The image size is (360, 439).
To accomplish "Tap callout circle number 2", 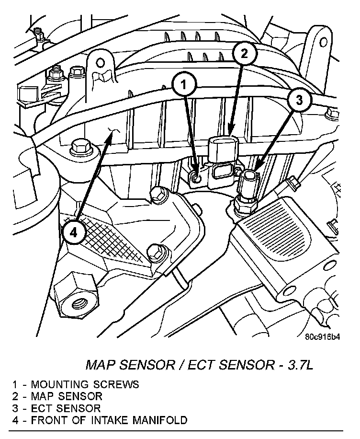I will click(x=244, y=54).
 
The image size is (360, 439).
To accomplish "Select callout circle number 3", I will click(x=299, y=101).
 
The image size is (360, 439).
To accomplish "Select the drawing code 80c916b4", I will click(x=323, y=336).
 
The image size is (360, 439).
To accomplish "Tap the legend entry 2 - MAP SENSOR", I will click(x=57, y=396).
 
